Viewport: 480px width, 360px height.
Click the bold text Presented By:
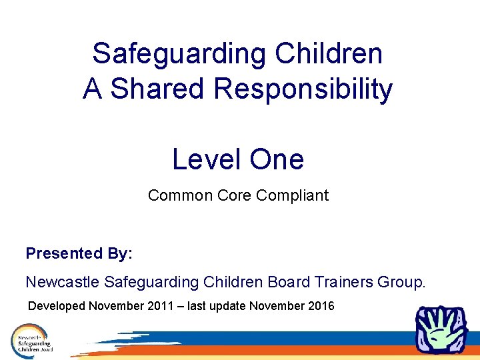click(x=79, y=253)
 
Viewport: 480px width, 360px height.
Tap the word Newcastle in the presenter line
click(x=63, y=282)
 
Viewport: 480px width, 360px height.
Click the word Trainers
click(x=343, y=282)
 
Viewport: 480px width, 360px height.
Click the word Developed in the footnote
click(x=56, y=306)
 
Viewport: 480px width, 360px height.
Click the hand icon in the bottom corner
click(x=441, y=331)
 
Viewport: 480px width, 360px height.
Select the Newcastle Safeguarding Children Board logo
click(x=32, y=339)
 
